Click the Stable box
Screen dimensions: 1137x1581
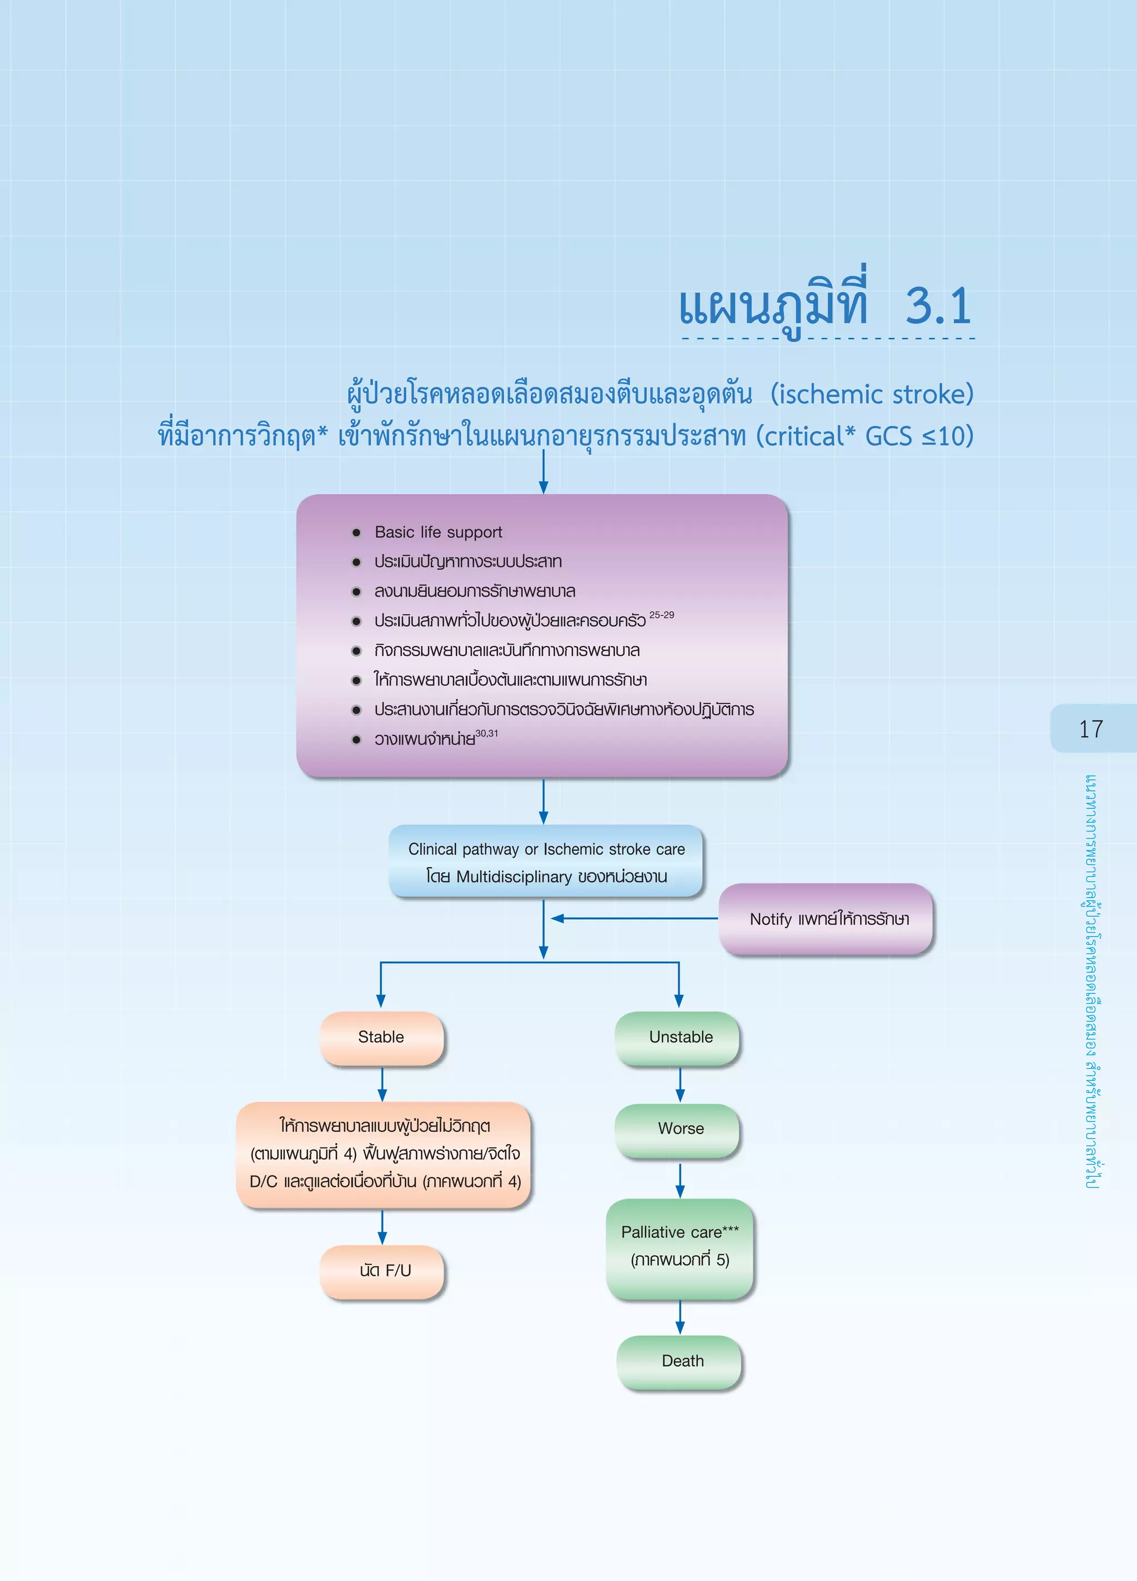tap(381, 1038)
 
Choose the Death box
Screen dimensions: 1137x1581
tap(679, 1361)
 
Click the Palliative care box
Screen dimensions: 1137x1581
tap(680, 1248)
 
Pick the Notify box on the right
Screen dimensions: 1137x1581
tap(826, 919)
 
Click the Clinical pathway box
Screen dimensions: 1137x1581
tap(546, 862)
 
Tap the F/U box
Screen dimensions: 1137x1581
tap(382, 1271)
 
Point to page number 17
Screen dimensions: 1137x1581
tap(1091, 729)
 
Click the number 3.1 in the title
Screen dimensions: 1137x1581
tap(938, 306)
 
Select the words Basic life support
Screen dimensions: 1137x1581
tap(439, 532)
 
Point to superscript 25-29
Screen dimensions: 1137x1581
tap(662, 615)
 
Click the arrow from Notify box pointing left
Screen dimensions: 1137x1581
tap(635, 919)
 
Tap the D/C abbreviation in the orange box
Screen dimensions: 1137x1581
tap(264, 1181)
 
